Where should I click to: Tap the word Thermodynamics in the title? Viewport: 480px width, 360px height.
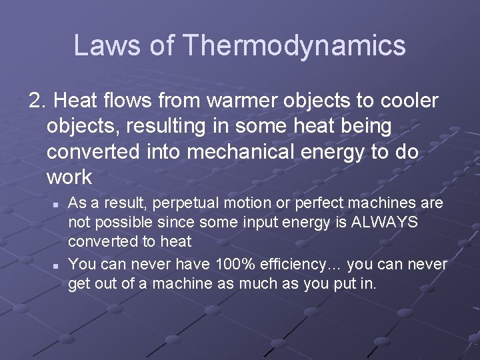click(x=294, y=45)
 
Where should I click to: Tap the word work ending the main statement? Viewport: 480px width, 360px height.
click(x=70, y=177)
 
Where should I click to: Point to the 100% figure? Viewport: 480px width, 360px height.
click(x=233, y=265)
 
